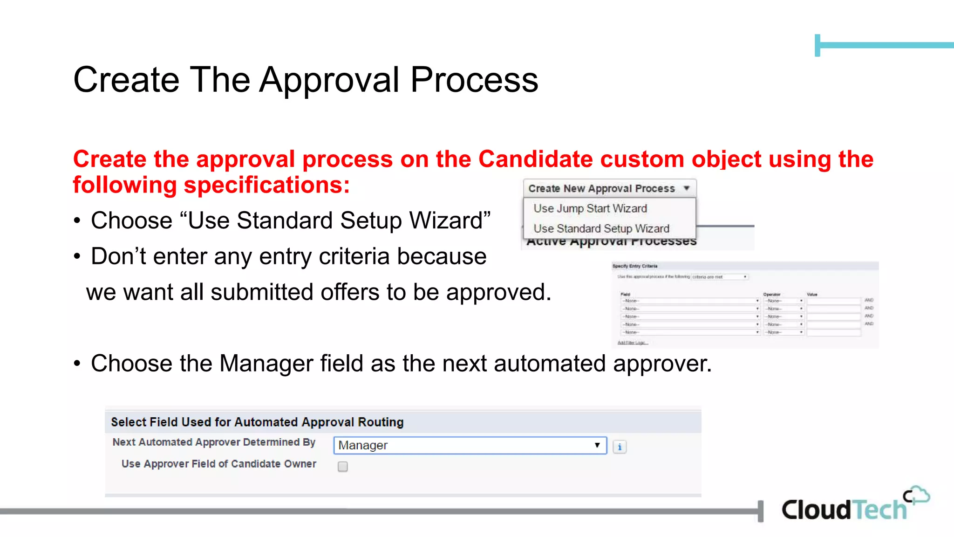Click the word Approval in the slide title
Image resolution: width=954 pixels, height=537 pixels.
tap(329, 80)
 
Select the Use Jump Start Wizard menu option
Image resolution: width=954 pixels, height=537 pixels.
tap(590, 208)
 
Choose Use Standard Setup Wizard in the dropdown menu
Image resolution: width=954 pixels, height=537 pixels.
tap(601, 228)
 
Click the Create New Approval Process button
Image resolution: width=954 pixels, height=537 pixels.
tap(609, 188)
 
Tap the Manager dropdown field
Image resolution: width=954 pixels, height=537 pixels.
tap(470, 445)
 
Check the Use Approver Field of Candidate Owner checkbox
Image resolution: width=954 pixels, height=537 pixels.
tap(343, 467)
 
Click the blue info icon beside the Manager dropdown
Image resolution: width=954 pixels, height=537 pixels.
tap(620, 447)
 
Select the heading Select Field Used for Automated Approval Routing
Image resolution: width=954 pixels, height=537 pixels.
tap(257, 422)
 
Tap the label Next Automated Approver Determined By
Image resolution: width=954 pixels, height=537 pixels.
tap(214, 442)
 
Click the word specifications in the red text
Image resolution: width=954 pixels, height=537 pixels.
tap(266, 185)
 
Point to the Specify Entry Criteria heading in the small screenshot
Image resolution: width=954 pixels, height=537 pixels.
tap(635, 266)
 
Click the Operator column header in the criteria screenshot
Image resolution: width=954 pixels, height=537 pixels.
tap(771, 295)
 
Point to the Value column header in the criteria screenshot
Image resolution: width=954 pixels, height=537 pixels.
tap(812, 295)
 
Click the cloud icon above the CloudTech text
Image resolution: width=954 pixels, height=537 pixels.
tap(917, 495)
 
